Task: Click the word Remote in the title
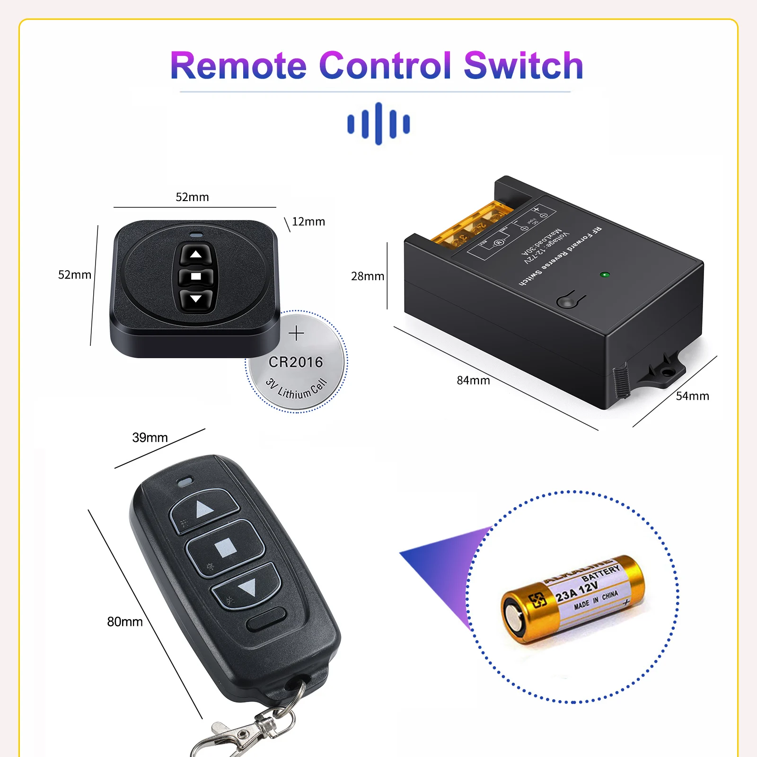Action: pyautogui.click(x=238, y=66)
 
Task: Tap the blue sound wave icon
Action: pyautogui.click(x=378, y=123)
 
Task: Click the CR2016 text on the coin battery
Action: pyautogui.click(x=296, y=362)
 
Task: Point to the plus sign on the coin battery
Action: pyautogui.click(x=296, y=334)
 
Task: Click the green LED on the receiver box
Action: pyautogui.click(x=604, y=274)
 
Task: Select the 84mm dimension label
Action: pyautogui.click(x=473, y=380)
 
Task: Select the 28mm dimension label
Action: pyautogui.click(x=368, y=276)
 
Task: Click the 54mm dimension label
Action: pyautogui.click(x=692, y=396)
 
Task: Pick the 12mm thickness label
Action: pyautogui.click(x=308, y=222)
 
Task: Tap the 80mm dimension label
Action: pyautogui.click(x=125, y=622)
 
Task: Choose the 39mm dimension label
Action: pyautogui.click(x=150, y=438)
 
